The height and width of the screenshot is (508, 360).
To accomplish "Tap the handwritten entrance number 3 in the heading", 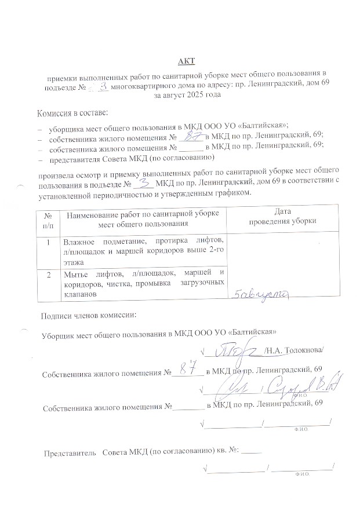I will pos(104,85).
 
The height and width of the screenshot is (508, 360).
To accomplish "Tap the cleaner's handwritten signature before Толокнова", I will pos(235,349).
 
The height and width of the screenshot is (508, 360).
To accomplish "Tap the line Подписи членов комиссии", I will pos(88,316).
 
